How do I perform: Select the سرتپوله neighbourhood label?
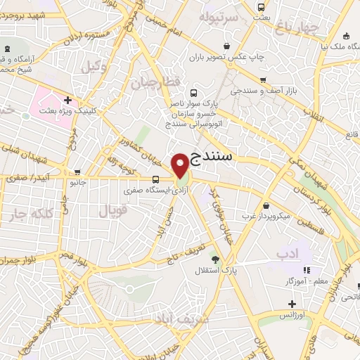coord(217,15)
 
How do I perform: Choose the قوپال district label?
coord(111,210)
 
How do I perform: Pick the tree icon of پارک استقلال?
coord(215,259)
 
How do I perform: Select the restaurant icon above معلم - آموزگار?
coord(306,270)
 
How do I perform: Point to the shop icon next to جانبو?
coord(77,172)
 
